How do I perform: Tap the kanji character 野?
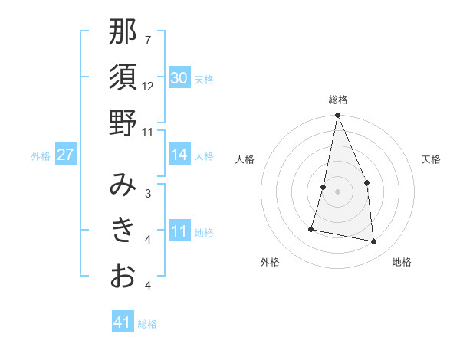[x=123, y=122]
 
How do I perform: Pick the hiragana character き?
[x=123, y=230]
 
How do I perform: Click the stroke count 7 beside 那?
[x=147, y=40]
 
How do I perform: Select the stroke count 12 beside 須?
[x=148, y=86]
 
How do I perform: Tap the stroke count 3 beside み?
[x=147, y=193]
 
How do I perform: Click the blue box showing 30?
[x=179, y=78]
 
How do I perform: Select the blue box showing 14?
[x=179, y=155]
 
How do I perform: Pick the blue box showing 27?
[x=65, y=155]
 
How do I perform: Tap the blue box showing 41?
[x=123, y=322]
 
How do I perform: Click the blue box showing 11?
[x=179, y=231]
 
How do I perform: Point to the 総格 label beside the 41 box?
[x=147, y=324]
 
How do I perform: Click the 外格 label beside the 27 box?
[x=41, y=156]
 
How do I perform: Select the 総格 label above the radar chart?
[x=337, y=100]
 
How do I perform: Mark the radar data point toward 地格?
[x=374, y=242]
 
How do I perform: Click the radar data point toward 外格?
[x=311, y=228]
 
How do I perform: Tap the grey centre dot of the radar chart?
[x=337, y=191]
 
